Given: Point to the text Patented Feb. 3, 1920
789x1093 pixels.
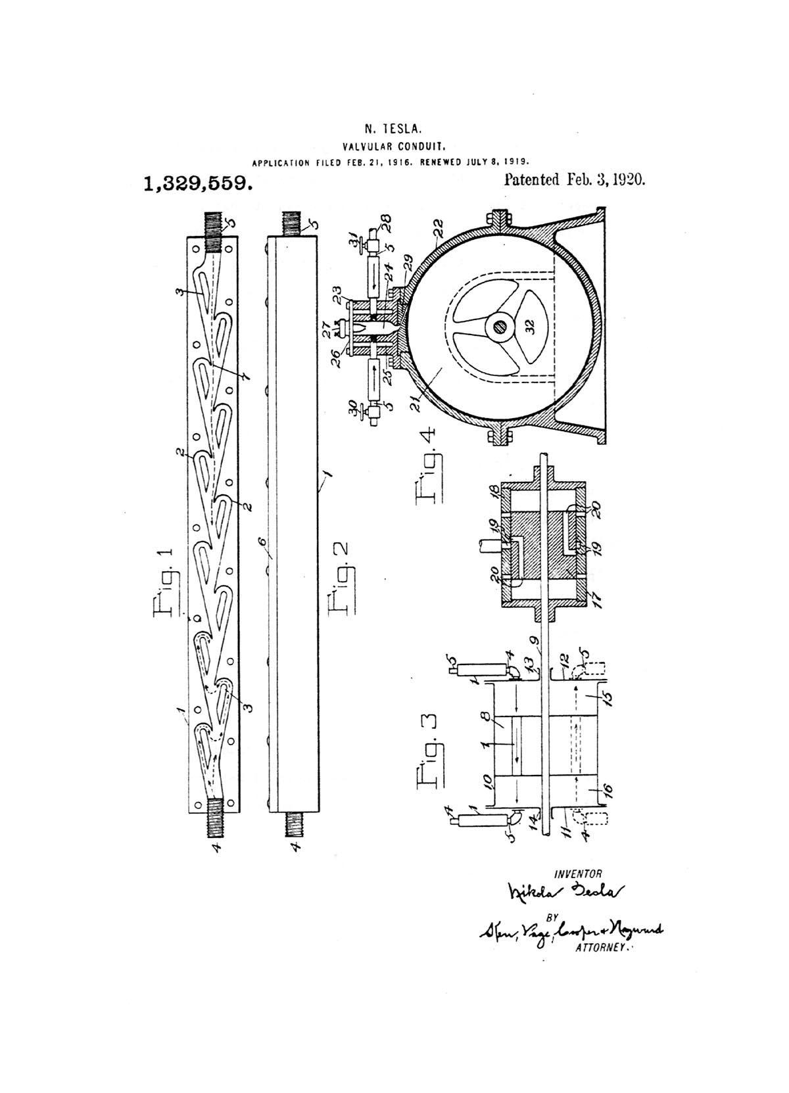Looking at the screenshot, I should (x=574, y=179).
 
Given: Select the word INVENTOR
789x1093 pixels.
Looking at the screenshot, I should (x=578, y=873).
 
